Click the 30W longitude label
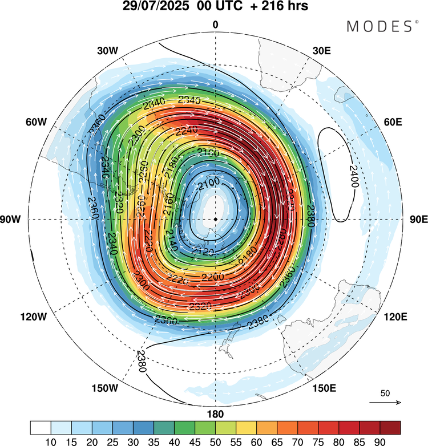[x=107, y=51]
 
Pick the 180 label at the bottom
[x=215, y=414]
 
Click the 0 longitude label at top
[x=215, y=24]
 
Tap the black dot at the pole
[x=215, y=219]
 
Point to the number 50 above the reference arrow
[x=385, y=394]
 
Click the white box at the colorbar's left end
[x=41, y=428]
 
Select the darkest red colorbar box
[x=390, y=428]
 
